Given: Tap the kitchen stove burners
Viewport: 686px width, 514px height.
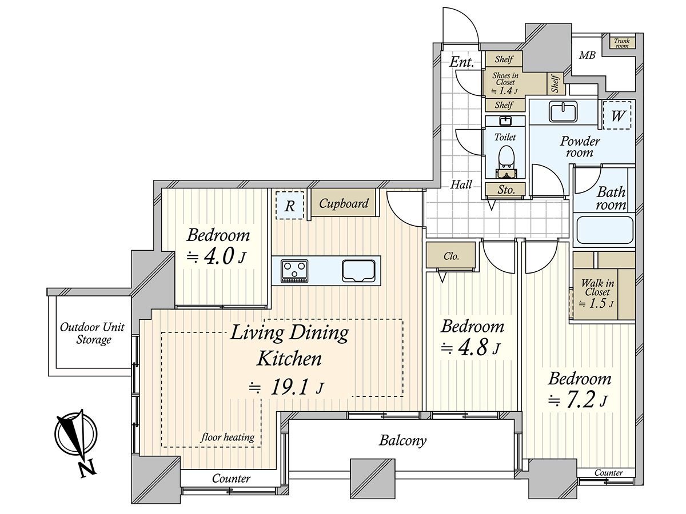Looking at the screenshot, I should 294,270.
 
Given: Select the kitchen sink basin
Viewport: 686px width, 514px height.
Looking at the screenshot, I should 358,270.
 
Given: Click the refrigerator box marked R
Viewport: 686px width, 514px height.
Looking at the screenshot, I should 290,206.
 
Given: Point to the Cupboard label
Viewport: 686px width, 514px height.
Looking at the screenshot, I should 344,203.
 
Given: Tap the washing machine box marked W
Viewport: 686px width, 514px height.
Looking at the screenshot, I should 617,116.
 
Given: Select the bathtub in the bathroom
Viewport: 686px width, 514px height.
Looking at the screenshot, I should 604,231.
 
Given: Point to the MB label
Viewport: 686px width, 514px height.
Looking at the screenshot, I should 587,55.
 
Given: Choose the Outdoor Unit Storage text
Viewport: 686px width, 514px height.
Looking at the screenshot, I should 92,334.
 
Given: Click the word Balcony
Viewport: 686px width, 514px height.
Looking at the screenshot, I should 403,441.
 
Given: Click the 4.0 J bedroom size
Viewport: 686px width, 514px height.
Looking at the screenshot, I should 217,257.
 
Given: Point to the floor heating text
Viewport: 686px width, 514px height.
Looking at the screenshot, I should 228,437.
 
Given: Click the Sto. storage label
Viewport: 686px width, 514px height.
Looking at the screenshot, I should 506,190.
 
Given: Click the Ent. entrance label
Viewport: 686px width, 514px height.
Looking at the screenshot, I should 462,62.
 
